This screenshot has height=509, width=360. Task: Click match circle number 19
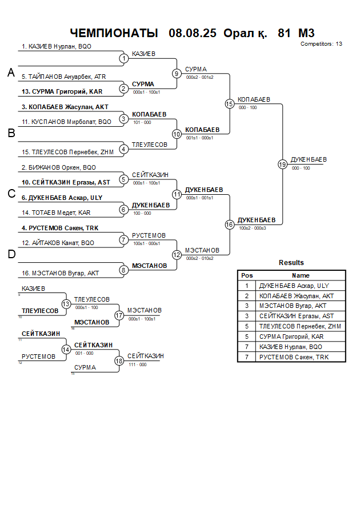pyautogui.click(x=282, y=165)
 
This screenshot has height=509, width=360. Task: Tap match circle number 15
pyautogui.click(x=230, y=104)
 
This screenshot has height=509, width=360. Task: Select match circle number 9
pyautogui.click(x=177, y=74)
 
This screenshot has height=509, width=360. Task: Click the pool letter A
pyautogui.click(x=11, y=73)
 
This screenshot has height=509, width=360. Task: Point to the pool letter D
pyautogui.click(x=11, y=255)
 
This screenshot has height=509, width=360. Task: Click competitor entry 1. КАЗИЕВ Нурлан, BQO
pyautogui.click(x=56, y=47)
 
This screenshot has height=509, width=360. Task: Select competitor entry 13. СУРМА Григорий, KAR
pyautogui.click(x=62, y=91)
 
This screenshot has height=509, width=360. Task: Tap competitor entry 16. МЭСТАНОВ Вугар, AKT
pyautogui.click(x=60, y=273)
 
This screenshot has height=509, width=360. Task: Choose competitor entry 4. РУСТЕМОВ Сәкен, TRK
pyautogui.click(x=60, y=228)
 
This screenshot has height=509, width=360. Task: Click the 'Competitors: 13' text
pyautogui.click(x=321, y=43)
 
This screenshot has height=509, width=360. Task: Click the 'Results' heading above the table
pyautogui.click(x=291, y=263)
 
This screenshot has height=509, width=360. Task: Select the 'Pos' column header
pyautogui.click(x=247, y=275)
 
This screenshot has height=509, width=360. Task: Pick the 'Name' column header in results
pyautogui.click(x=301, y=275)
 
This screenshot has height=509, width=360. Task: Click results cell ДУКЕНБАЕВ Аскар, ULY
pyautogui.click(x=294, y=286)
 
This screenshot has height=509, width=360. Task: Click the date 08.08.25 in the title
pyautogui.click(x=193, y=33)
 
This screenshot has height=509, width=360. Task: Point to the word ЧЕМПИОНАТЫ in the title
pyautogui.click(x=114, y=33)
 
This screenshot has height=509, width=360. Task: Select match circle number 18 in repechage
pyautogui.click(x=119, y=361)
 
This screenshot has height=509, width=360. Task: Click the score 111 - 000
pyautogui.click(x=137, y=364)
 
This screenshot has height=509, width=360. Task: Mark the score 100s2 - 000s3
pyautogui.click(x=251, y=228)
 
